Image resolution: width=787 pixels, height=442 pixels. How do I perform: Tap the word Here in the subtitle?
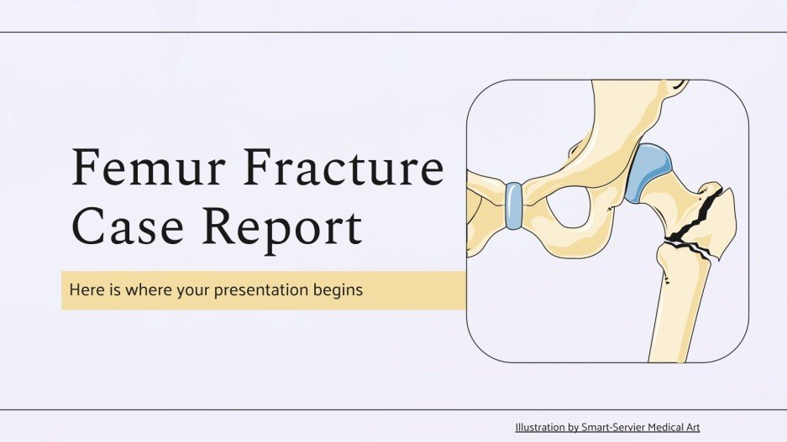[84, 290]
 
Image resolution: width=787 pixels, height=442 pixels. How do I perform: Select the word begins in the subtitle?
[340, 291]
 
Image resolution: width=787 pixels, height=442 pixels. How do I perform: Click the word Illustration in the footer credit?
[542, 427]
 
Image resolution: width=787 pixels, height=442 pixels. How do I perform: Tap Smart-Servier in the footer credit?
[614, 427]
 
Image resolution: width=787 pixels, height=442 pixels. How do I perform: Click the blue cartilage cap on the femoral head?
[647, 172]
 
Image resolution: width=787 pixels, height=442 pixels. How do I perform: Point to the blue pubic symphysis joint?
[512, 205]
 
